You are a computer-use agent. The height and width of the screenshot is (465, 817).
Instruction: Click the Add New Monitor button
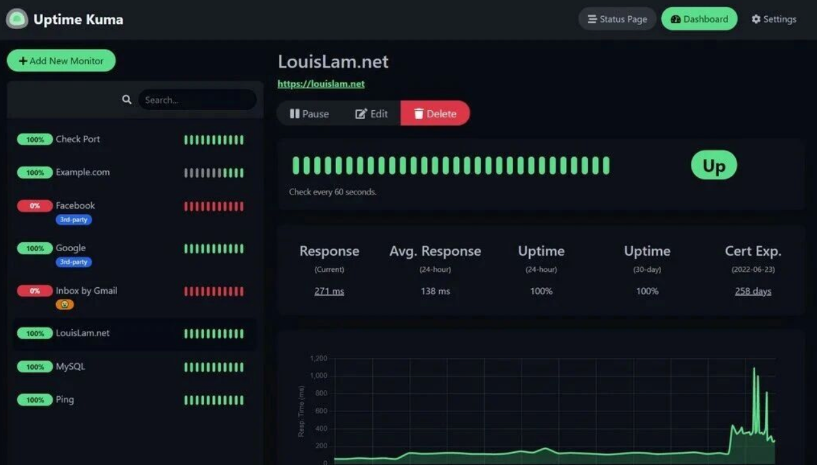61,61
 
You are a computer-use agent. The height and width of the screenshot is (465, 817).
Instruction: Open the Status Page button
617,19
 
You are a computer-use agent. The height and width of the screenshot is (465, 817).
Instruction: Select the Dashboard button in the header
699,19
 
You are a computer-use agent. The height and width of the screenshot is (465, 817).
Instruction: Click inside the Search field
196,100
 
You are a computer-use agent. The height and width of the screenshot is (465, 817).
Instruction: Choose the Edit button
371,113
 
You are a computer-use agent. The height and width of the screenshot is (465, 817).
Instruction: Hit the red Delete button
435,113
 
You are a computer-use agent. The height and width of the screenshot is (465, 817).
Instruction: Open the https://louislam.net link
321,84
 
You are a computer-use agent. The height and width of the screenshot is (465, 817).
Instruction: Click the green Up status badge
713,166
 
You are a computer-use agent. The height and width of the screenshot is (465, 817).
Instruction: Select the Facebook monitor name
75,205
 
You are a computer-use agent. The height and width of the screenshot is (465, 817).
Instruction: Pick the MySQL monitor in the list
70,366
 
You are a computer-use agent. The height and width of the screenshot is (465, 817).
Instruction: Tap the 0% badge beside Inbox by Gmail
35,291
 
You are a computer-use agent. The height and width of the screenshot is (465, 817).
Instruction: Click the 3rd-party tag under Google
73,262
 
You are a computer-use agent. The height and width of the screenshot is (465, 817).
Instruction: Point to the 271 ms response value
329,291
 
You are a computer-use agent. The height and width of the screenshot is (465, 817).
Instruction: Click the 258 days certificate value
753,291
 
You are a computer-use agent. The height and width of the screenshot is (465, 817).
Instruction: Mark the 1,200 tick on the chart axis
318,358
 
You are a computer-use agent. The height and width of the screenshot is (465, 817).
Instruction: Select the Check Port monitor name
78,139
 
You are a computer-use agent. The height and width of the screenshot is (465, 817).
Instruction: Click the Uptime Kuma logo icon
17,19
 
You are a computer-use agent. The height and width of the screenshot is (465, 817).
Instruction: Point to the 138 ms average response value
435,291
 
